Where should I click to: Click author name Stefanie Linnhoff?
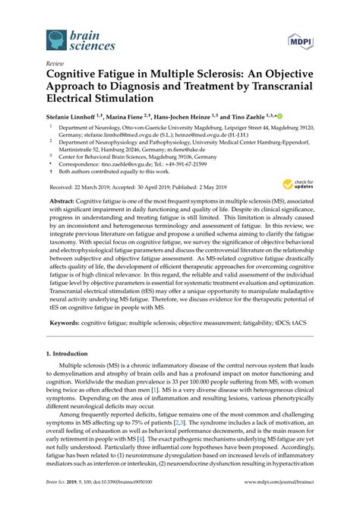point(71,117)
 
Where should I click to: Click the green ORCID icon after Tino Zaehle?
point(279,116)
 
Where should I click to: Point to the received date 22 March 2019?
point(92,185)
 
